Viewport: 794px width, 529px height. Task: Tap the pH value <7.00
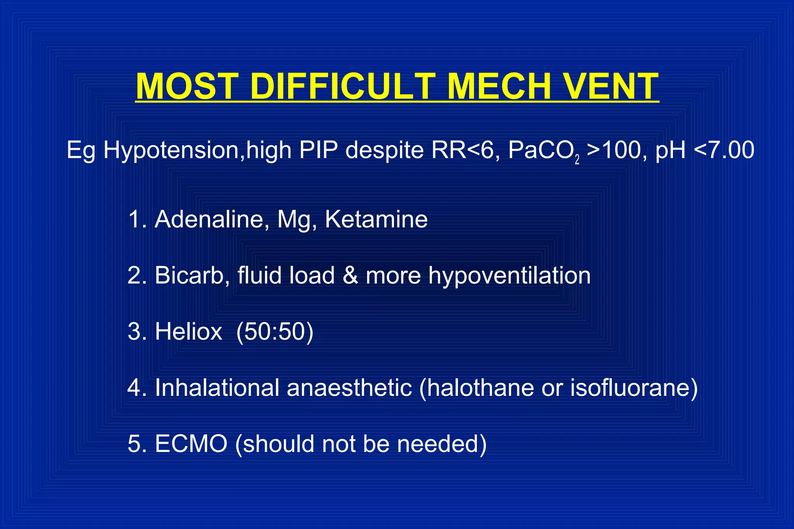723,150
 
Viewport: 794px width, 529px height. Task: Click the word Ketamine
376,219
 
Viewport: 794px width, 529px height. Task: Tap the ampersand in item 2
350,275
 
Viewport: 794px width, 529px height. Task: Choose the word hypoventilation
509,275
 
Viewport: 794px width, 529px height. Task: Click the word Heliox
188,331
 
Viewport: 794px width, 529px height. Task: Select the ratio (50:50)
274,331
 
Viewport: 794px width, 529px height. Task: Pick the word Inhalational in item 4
217,387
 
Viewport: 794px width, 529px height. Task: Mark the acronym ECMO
191,443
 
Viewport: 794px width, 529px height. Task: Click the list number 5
134,443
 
